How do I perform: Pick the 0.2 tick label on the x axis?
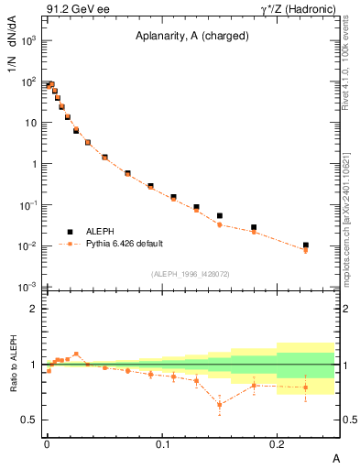point(277,443)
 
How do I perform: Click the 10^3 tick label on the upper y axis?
point(27,41)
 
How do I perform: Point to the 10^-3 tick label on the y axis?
point(27,289)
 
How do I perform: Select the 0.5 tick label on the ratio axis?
point(29,420)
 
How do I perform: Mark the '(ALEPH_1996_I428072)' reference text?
point(191,273)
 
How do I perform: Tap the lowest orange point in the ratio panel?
point(219,405)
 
